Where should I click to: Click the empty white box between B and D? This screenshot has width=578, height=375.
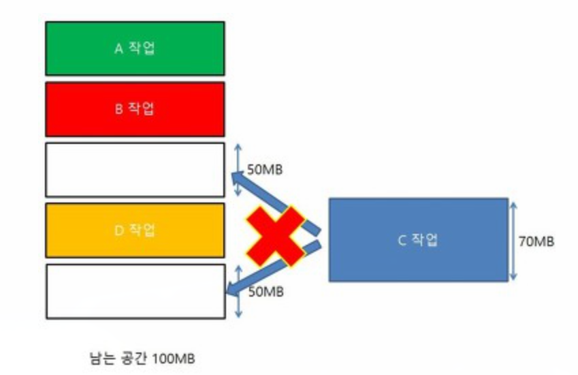pos(135,170)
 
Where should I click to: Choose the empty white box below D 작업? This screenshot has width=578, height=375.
pos(135,291)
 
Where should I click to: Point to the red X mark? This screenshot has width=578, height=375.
pos(275,235)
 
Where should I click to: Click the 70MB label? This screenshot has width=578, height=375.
pos(536,241)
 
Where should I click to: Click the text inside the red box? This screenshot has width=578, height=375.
pos(135,109)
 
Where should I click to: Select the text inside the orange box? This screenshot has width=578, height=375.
pos(135,230)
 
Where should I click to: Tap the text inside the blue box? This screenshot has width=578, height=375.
pos(418,240)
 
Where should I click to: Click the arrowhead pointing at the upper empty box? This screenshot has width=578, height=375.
pos(238,179)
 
